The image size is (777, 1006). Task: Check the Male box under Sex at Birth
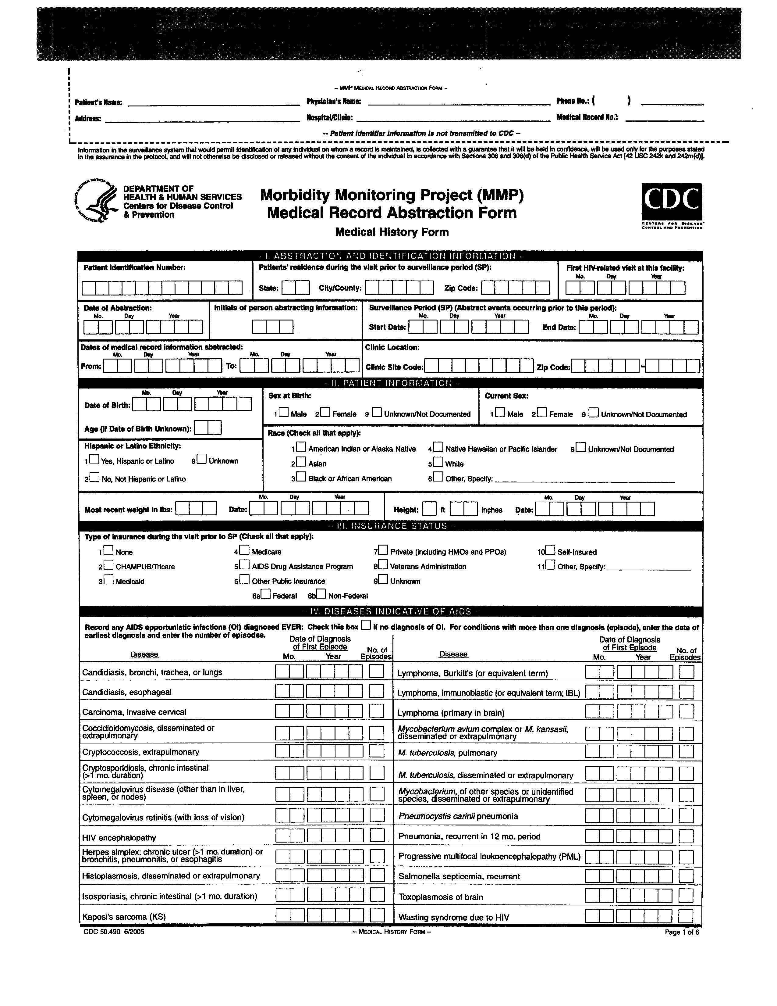point(284,412)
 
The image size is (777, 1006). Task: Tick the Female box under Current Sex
point(542,412)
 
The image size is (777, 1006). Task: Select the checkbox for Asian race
point(301,462)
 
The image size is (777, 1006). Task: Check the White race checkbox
point(438,462)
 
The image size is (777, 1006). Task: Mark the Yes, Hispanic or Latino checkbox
point(94,459)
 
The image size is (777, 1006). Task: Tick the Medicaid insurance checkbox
point(109,580)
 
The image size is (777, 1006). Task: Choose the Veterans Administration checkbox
point(383,565)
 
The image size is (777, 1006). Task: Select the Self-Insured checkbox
point(550,550)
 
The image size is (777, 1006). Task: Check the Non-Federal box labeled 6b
point(321,594)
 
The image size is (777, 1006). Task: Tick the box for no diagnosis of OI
point(365,625)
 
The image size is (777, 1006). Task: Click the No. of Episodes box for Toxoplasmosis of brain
point(686,895)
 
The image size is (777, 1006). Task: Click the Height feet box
point(429,509)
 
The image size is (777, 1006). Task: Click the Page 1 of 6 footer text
point(682,932)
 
